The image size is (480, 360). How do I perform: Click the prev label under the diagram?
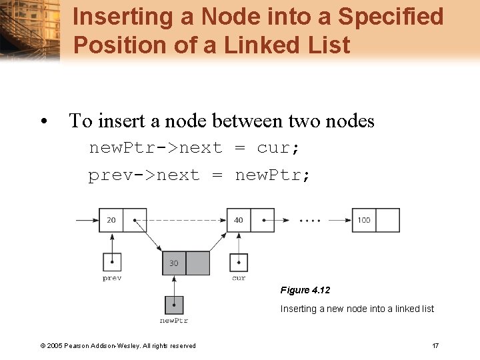(112, 278)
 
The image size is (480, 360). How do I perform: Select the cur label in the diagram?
(239, 278)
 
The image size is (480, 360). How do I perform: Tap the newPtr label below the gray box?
(174, 321)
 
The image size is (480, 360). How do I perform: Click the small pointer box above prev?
(112, 262)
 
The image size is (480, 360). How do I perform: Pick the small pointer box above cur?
(239, 262)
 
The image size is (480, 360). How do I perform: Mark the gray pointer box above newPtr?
(174, 305)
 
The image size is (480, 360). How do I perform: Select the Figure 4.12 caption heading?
(305, 290)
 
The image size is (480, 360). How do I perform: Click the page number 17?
(435, 345)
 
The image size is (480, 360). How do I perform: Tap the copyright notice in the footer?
(118, 345)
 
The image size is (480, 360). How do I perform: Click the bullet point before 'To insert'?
(43, 122)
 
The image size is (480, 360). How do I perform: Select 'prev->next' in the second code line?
(144, 175)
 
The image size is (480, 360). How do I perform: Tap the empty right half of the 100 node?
(388, 220)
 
